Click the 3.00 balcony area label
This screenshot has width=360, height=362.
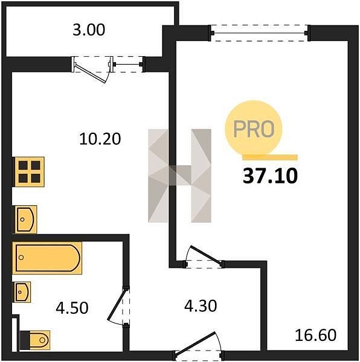pos(89,30)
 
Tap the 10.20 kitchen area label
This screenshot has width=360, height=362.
pos(100,139)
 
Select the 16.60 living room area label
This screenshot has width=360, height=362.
pos(316,335)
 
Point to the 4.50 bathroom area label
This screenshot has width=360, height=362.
pos(72,308)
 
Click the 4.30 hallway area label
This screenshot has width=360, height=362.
pos(201,306)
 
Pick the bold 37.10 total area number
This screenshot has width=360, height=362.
pos(270,176)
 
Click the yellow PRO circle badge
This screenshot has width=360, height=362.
pos(254,129)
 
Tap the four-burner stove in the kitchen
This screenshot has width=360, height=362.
pos(30,172)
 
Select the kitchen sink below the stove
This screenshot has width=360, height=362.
pos(25,220)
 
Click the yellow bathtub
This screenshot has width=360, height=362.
pos(48,258)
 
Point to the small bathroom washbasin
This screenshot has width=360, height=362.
pos(22,292)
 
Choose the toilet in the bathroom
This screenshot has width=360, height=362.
pos(35,340)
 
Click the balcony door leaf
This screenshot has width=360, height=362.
pos(91,73)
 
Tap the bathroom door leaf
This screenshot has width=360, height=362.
pos(117,305)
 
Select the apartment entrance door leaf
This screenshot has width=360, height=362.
pos(196,343)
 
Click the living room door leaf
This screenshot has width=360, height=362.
pos(205,255)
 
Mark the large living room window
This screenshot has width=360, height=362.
pos(260,33)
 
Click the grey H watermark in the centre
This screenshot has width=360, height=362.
pos(179,176)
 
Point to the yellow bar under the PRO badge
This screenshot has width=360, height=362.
pos(270,157)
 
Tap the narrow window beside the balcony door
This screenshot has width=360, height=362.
pos(128,64)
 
